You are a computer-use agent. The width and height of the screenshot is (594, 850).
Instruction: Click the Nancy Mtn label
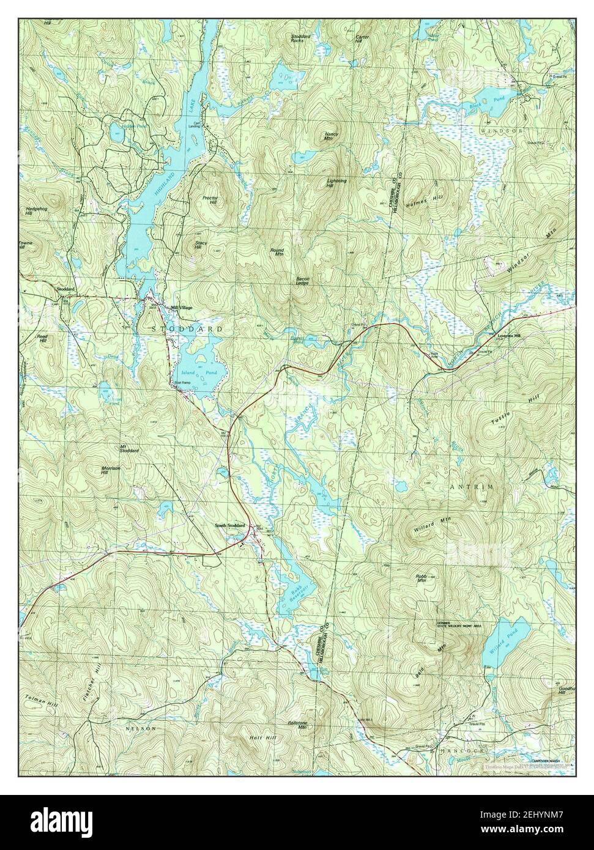point(332,136)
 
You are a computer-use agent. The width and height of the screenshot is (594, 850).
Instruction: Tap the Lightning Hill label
point(337,183)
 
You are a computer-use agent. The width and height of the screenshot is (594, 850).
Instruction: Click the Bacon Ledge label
point(303,281)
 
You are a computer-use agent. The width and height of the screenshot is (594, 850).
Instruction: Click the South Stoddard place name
point(229,525)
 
